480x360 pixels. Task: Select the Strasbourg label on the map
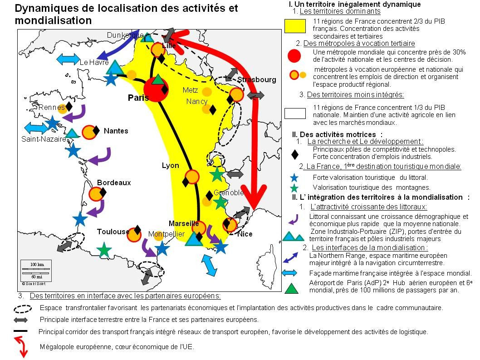(x=256, y=80)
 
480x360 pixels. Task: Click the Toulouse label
(x=113, y=232)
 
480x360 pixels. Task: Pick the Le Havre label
(x=94, y=63)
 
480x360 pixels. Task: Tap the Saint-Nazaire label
(x=44, y=139)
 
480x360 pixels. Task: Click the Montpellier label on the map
(x=167, y=234)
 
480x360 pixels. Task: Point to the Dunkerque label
(x=125, y=35)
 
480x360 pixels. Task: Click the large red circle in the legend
(x=294, y=55)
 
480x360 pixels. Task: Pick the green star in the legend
(x=294, y=187)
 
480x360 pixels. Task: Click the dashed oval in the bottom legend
(x=23, y=308)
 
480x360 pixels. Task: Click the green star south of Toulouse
(x=104, y=249)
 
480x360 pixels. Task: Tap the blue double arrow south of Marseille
(x=209, y=265)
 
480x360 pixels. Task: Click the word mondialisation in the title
(x=53, y=21)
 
